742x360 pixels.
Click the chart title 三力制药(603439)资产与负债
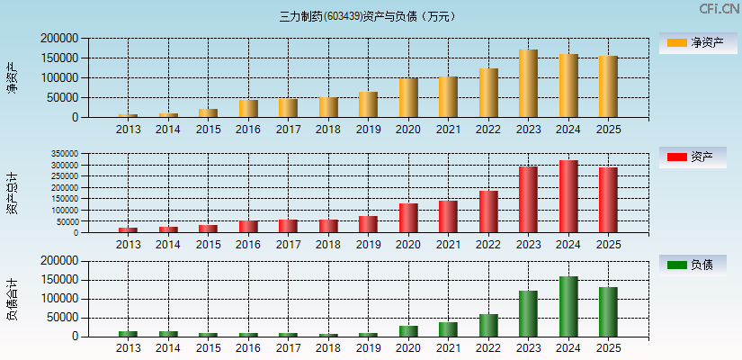(x=369, y=16)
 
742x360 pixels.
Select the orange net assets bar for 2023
(x=528, y=84)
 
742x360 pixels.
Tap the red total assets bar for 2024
(x=568, y=196)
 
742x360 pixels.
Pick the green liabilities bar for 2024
(x=568, y=306)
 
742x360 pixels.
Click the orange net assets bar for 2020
(x=408, y=98)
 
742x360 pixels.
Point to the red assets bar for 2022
(x=488, y=211)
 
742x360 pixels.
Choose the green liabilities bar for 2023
(x=528, y=313)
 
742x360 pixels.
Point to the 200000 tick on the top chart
(x=59, y=39)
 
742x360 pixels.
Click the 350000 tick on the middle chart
(x=65, y=154)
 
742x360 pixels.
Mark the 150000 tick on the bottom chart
(x=59, y=279)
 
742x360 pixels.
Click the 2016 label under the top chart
(x=248, y=130)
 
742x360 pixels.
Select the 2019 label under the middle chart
(x=368, y=245)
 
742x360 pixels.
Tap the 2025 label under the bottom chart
(x=609, y=348)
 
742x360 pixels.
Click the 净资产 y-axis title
(x=12, y=77)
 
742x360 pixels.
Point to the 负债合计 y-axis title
(x=12, y=300)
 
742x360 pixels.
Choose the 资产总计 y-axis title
(x=12, y=193)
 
